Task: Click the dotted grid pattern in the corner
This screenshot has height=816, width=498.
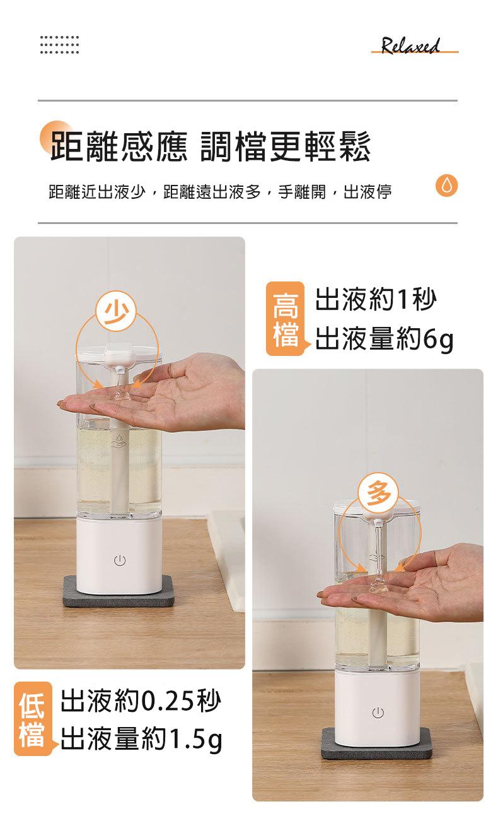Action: (x=59, y=44)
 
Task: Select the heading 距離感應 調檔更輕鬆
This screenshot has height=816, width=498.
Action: (x=211, y=145)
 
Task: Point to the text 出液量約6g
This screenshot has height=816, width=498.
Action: (x=384, y=341)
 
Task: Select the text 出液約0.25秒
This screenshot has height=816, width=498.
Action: (x=141, y=701)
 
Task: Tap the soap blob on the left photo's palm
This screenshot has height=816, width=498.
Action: (x=121, y=396)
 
